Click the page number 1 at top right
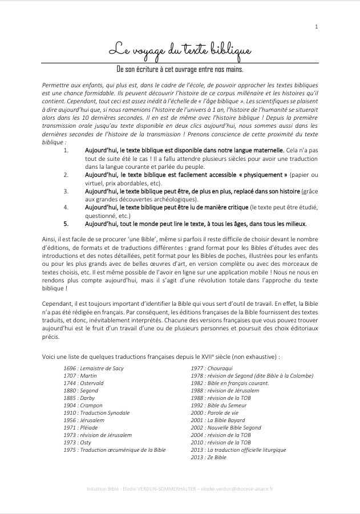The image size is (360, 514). (x=316, y=27)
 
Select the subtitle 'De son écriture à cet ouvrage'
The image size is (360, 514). (x=180, y=70)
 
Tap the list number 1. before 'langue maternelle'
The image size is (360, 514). (x=66, y=150)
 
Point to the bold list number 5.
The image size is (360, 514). (x=66, y=224)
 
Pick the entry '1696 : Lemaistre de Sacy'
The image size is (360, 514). (x=94, y=368)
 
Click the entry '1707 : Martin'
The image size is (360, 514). (x=80, y=375)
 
